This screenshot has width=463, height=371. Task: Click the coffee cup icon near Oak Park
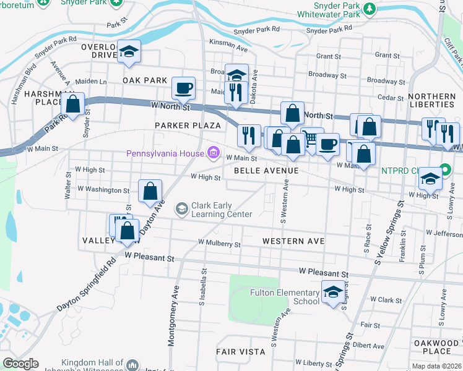click(183, 88)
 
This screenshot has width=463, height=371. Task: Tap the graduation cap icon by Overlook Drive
click(129, 51)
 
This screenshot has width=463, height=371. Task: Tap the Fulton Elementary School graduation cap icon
click(333, 292)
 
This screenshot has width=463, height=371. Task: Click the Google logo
click(21, 364)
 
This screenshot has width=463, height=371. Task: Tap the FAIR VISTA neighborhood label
click(241, 351)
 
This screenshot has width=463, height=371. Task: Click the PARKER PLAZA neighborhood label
click(184, 126)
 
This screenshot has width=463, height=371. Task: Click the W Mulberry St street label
click(219, 244)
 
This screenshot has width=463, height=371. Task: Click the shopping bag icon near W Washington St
click(150, 191)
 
